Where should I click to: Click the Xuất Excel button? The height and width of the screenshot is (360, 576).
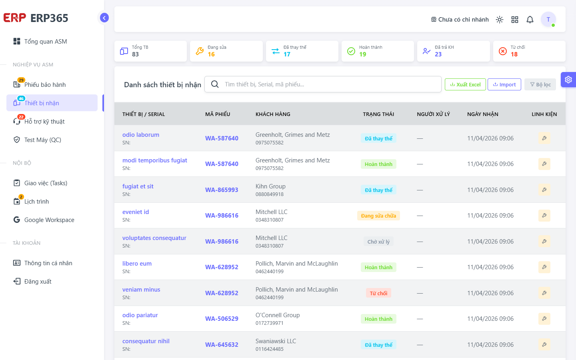pos(465,84)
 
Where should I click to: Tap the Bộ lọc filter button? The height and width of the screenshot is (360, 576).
pos(540,84)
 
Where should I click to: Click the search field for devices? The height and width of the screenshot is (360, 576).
pos(323,84)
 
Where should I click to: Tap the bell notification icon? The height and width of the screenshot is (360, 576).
pos(530,20)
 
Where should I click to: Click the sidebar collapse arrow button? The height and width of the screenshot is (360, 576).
pos(104,18)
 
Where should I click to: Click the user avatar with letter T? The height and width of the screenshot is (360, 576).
pos(548,19)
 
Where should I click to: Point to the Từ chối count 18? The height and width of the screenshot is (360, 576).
pos(514,54)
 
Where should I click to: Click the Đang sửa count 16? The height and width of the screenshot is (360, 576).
pos(211,54)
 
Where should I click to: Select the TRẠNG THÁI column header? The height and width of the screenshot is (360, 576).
pos(378,114)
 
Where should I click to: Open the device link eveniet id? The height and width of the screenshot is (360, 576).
pos(136,212)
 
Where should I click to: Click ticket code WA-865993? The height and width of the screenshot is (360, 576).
pos(222,190)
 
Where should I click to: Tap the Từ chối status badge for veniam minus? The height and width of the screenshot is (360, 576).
pos(378,293)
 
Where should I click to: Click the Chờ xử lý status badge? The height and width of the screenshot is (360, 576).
pos(378,242)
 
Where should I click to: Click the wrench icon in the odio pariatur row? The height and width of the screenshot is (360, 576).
pos(544,318)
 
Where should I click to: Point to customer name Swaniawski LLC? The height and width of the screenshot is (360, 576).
pos(276,341)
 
